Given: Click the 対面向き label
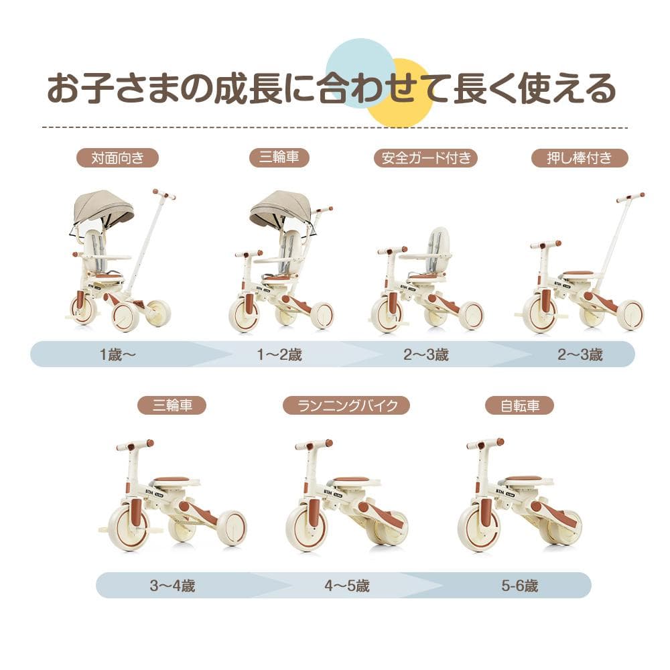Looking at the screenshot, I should click(x=116, y=158).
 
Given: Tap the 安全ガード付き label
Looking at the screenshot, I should click(x=426, y=158).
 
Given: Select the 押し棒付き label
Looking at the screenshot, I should click(x=580, y=158).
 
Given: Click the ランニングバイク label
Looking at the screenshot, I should click(x=346, y=405).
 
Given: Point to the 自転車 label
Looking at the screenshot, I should click(x=520, y=405).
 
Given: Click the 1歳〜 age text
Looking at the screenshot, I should click(x=117, y=354).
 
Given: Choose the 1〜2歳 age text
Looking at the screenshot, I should click(x=280, y=354).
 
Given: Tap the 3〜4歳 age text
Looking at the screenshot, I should click(x=172, y=585).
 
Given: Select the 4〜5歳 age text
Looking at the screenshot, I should click(x=347, y=585).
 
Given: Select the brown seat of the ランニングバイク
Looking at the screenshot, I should click(x=350, y=480).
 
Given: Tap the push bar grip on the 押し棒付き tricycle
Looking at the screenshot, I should click(x=630, y=197).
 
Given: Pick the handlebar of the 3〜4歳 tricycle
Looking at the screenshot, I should click(x=135, y=445).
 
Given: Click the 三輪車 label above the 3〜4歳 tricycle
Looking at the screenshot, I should click(x=172, y=405).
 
